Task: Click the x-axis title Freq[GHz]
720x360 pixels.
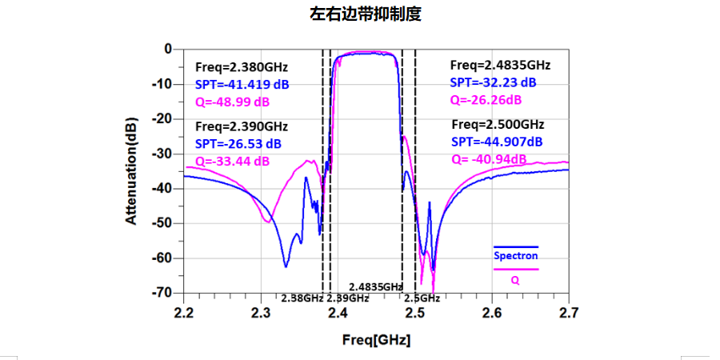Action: click(x=376, y=339)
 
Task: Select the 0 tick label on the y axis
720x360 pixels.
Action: click(x=168, y=49)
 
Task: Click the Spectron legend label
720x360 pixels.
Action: click(x=515, y=256)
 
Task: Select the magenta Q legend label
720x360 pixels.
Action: click(x=515, y=281)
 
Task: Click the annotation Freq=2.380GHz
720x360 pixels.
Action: click(x=242, y=66)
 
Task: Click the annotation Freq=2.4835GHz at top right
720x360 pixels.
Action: click(x=500, y=65)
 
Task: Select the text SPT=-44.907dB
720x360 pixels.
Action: click(x=497, y=142)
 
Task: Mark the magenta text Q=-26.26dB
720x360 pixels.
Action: click(x=486, y=100)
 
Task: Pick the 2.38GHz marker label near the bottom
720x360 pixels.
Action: click(x=302, y=298)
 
